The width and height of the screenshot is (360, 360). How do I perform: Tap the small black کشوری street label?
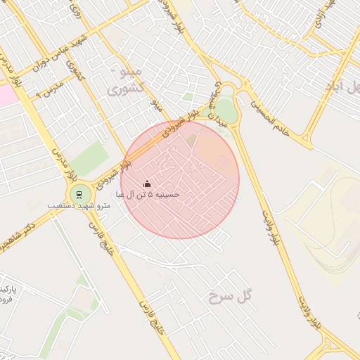pyautogui.click(x=73, y=71)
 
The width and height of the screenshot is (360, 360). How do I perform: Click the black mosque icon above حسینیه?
pyautogui.click(x=147, y=184)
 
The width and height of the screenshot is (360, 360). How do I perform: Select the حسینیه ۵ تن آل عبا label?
pyautogui.click(x=153, y=194)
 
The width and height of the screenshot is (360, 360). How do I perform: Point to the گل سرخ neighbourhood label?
pyautogui.click(x=229, y=298)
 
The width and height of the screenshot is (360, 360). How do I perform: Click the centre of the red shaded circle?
pyautogui.click(x=180, y=179)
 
